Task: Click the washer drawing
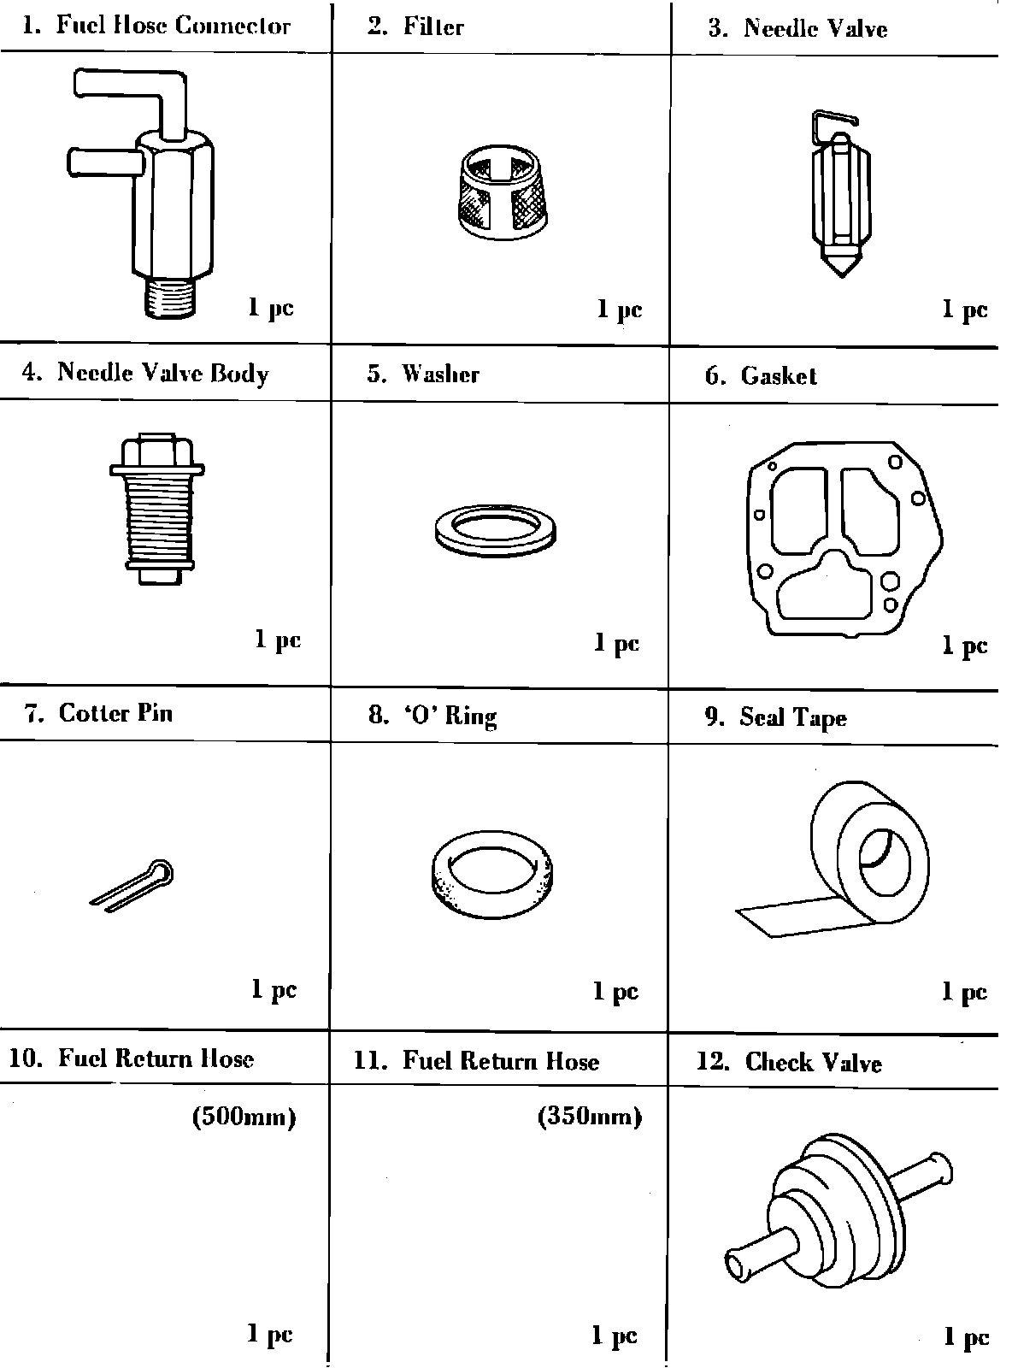coord(495,530)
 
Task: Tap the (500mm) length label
coord(244,1118)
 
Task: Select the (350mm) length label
coord(589,1117)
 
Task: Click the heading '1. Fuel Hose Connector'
coord(156,25)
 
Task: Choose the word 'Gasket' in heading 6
coord(779,375)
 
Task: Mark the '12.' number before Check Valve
coord(713,1062)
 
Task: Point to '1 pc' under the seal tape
coord(964,992)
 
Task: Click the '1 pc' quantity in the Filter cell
coord(619,309)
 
